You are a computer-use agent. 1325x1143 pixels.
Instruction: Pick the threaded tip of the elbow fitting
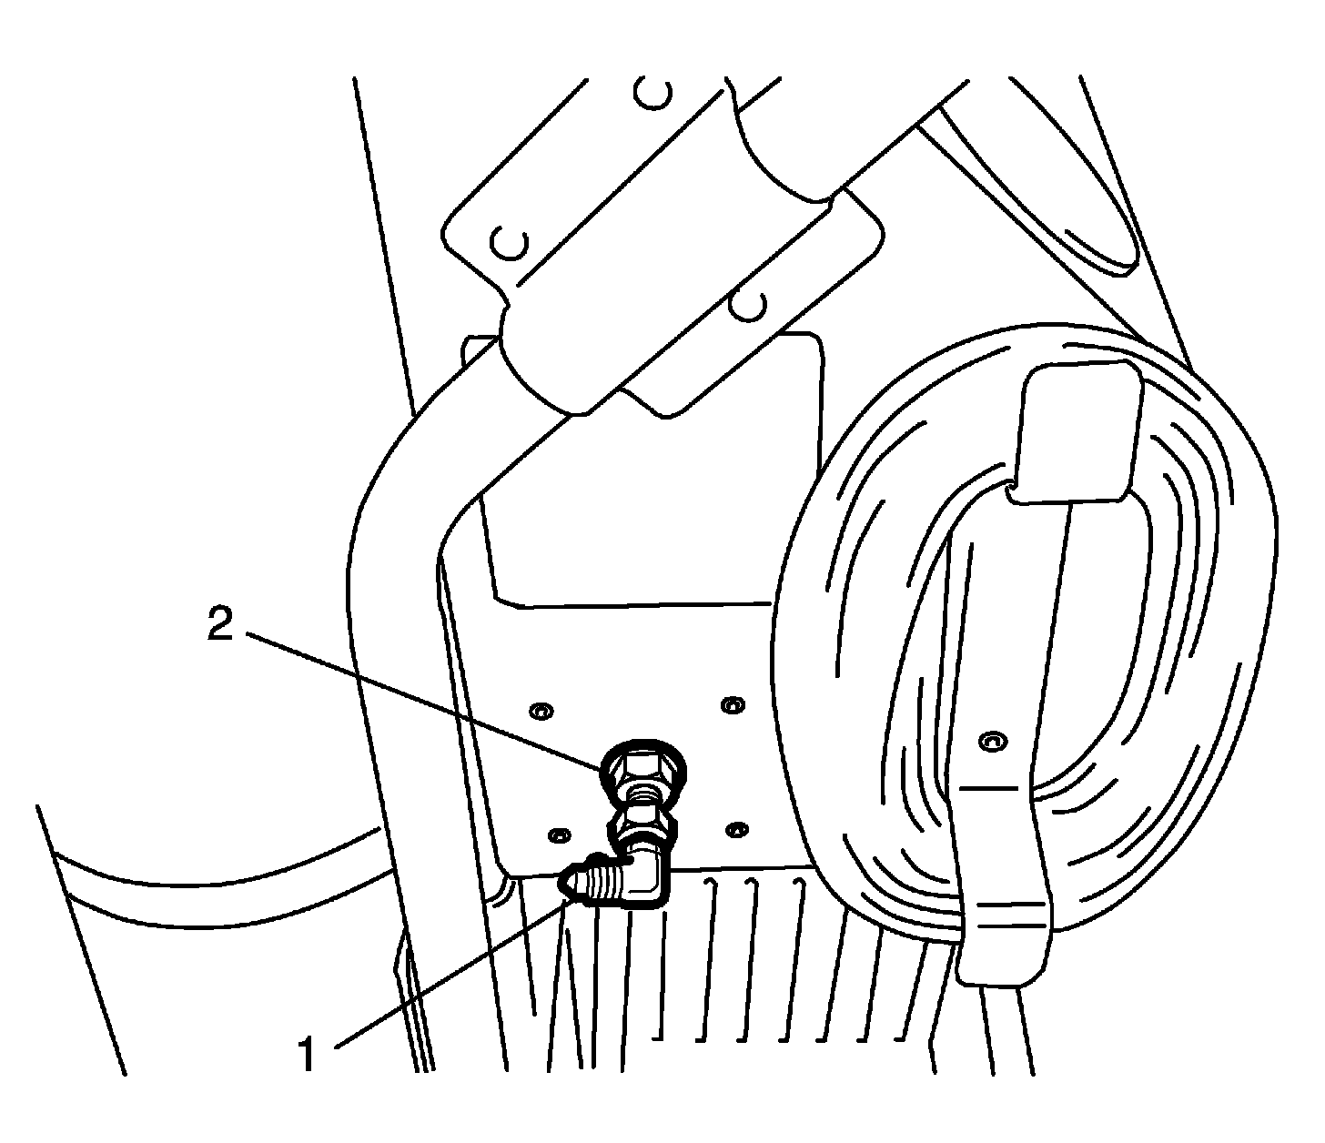tap(582, 883)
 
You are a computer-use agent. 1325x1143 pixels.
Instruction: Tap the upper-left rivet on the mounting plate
tap(543, 709)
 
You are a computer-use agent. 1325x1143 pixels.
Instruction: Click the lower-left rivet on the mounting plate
tap(561, 834)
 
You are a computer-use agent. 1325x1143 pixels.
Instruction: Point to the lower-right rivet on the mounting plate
tap(739, 829)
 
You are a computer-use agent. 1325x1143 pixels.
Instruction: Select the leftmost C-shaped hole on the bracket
tap(509, 242)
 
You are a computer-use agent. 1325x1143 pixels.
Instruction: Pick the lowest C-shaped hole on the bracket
tap(750, 306)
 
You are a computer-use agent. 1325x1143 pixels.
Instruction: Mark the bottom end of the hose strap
tap(1002, 965)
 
